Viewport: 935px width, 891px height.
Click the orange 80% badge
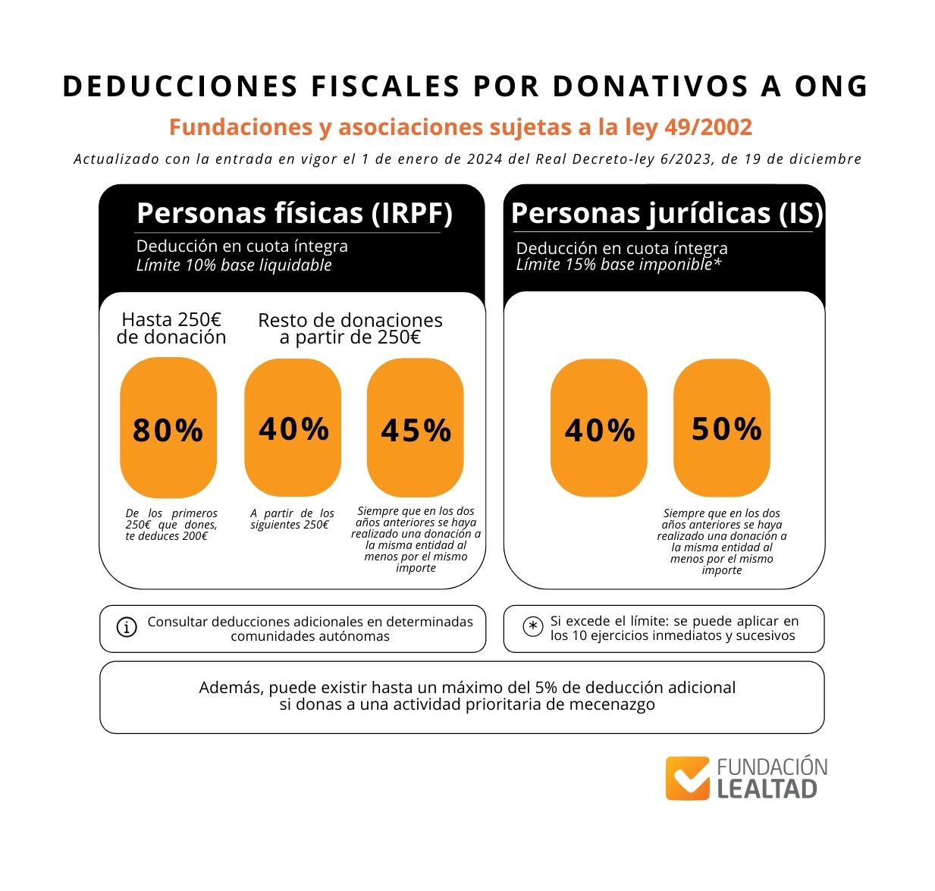tap(168, 428)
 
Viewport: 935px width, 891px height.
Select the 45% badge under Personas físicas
tap(416, 428)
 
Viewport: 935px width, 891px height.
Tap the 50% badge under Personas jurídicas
tap(722, 428)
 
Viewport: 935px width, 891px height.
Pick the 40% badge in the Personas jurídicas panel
tap(599, 428)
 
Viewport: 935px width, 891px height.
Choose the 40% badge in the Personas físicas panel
tap(293, 428)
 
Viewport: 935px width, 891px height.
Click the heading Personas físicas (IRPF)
tap(294, 213)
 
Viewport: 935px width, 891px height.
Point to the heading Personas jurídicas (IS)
tap(667, 213)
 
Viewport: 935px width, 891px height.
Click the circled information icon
tap(127, 627)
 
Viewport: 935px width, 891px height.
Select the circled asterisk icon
tap(533, 626)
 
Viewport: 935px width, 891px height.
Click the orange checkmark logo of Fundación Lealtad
tap(688, 778)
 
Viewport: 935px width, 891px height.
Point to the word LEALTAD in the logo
tap(767, 789)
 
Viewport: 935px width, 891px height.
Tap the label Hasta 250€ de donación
tap(171, 328)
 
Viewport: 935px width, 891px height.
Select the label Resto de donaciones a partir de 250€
tap(350, 328)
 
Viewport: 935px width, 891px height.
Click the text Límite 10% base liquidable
tap(234, 265)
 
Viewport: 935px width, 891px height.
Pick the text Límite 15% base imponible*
tap(618, 265)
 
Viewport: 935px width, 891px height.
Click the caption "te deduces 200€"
tap(166, 536)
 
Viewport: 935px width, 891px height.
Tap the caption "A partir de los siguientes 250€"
tap(292, 519)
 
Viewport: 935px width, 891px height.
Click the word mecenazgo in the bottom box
tap(606, 704)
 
